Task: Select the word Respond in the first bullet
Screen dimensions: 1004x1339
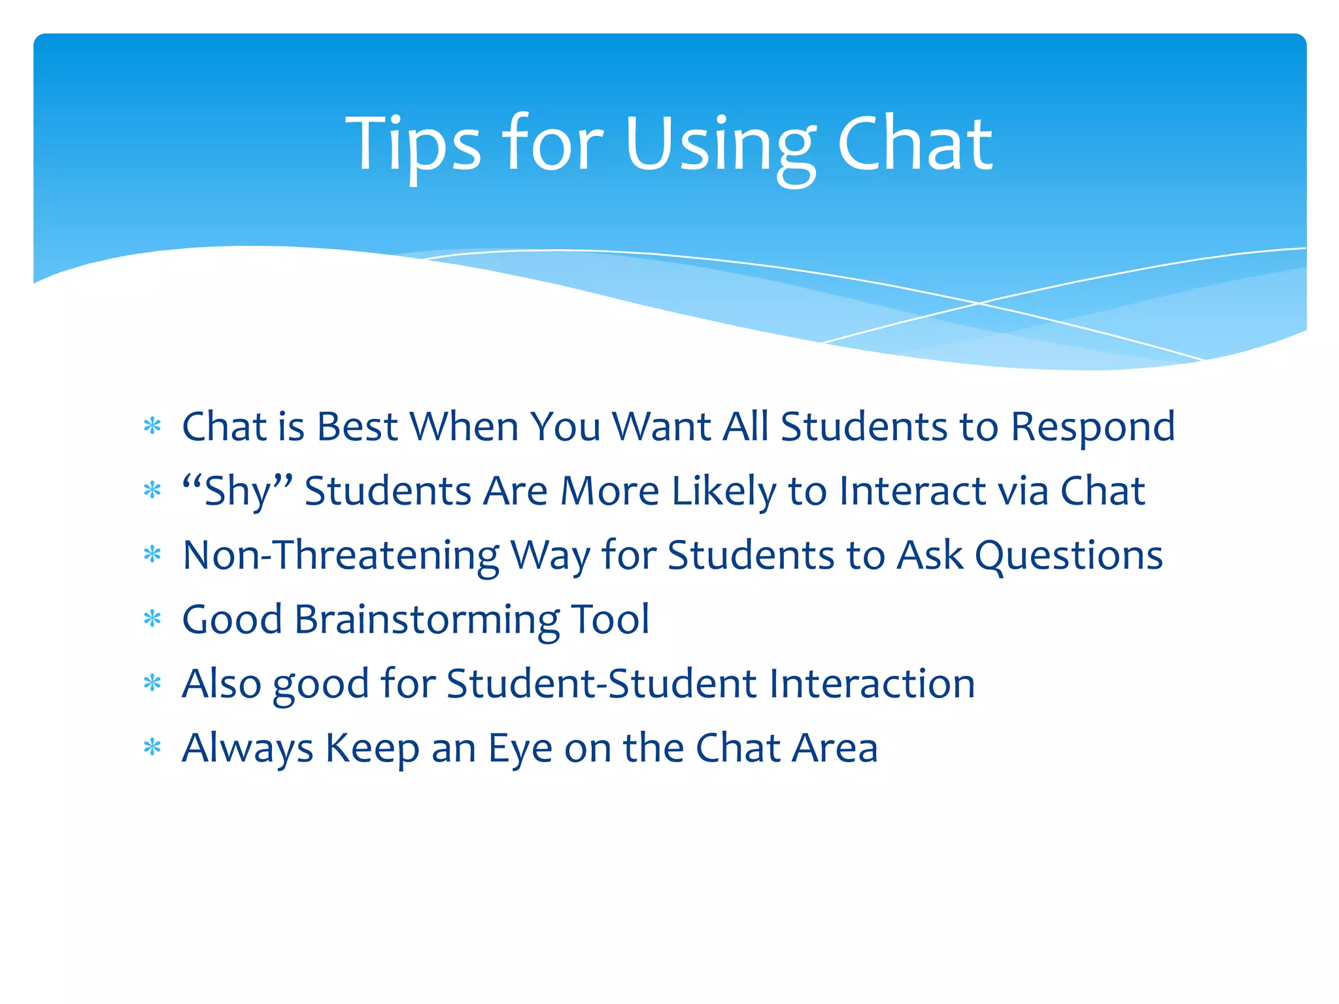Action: [x=1093, y=428]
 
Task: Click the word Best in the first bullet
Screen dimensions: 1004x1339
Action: [x=357, y=427]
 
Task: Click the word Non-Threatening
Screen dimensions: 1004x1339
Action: [x=341, y=556]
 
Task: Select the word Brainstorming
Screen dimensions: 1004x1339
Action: [x=427, y=620]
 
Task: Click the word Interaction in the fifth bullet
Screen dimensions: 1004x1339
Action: [x=872, y=683]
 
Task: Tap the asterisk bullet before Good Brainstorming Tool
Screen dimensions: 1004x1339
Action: [x=152, y=618]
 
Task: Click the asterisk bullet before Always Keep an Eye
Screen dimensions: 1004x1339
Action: [x=152, y=747]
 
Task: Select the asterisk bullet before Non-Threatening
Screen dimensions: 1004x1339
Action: [x=152, y=555]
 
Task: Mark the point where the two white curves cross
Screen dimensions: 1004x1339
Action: [x=979, y=303]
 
